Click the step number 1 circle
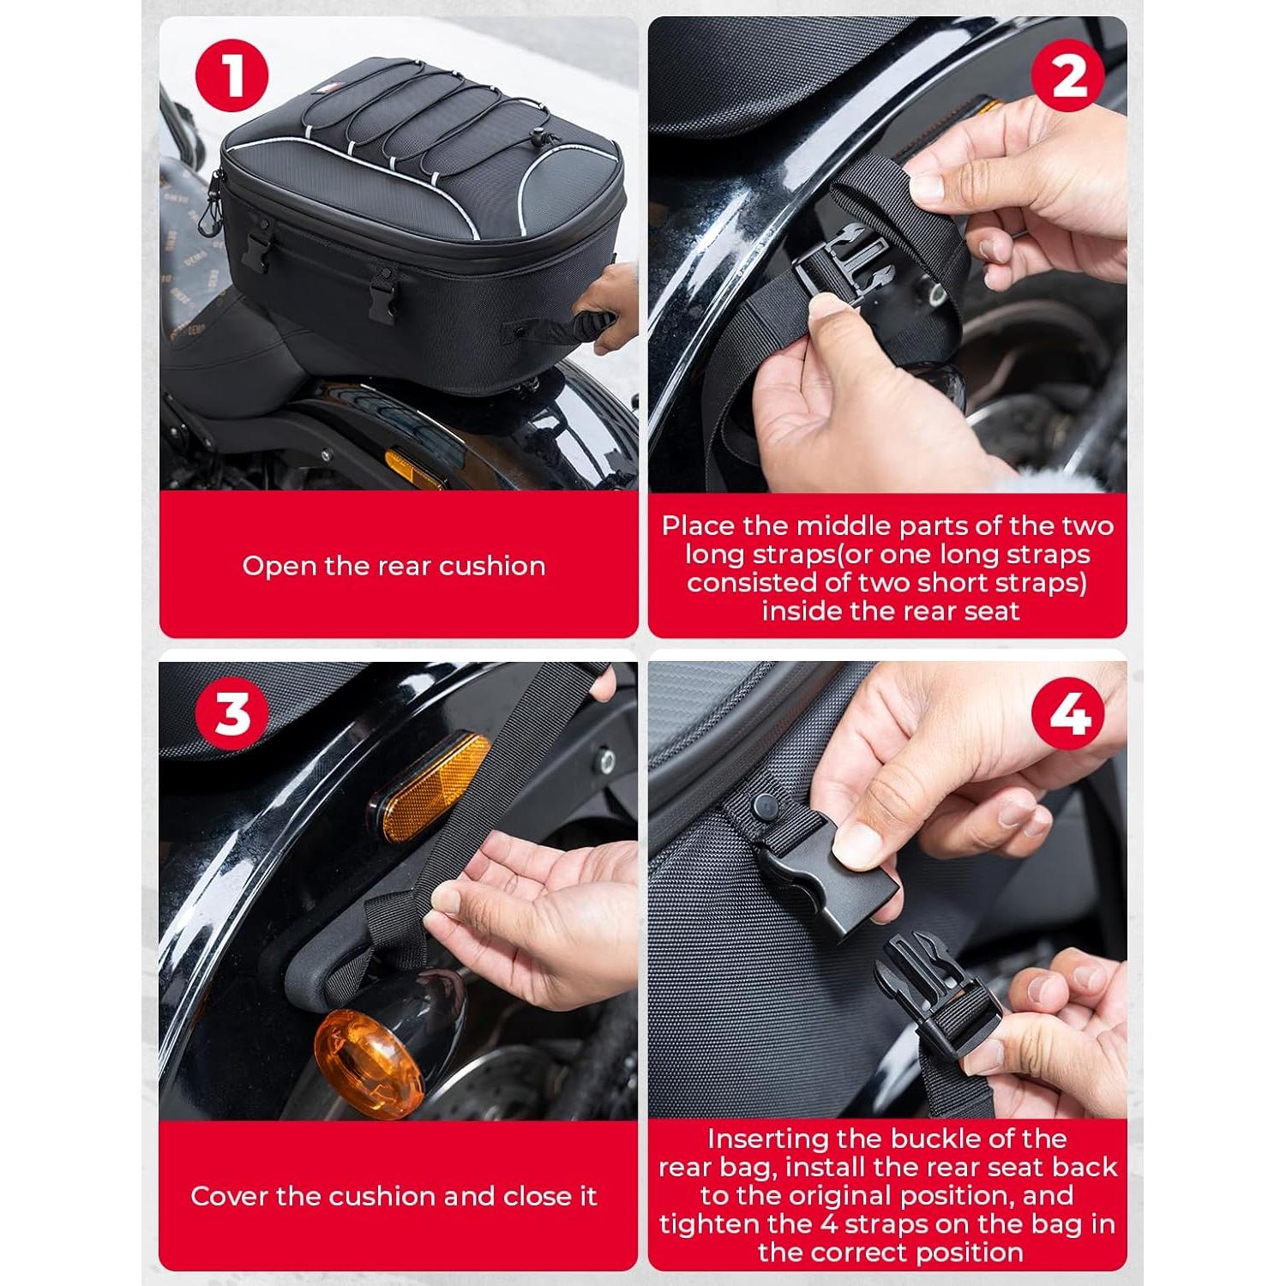coord(231,75)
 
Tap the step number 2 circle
coord(1068,75)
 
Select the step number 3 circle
coord(231,713)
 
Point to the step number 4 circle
coord(1068,713)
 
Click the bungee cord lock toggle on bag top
coord(539,135)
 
